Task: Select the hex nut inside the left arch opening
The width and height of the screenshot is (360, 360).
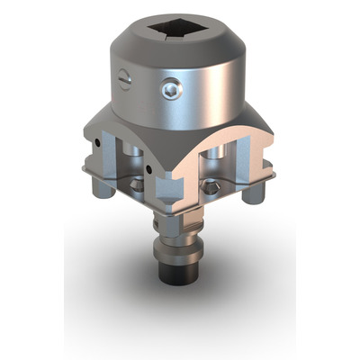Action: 135,184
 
